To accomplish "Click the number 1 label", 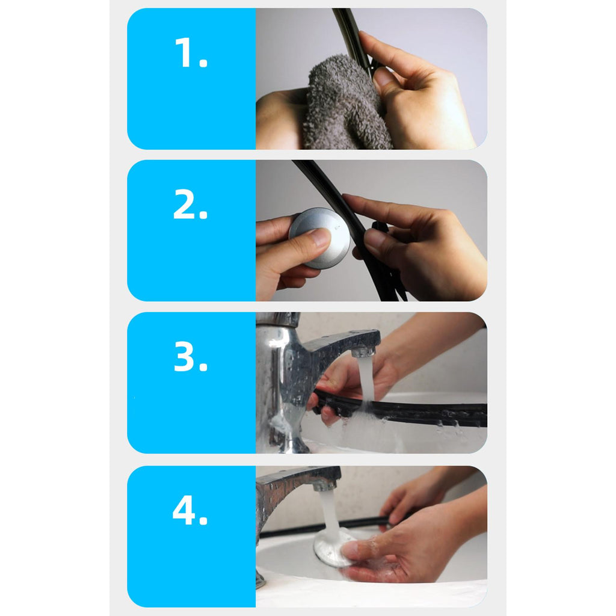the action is coord(191,53).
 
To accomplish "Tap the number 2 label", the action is coord(190,205).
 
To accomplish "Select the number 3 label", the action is coord(190,356).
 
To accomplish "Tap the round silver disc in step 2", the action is coord(319,238).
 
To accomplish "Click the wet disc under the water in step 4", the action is coord(334,547).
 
